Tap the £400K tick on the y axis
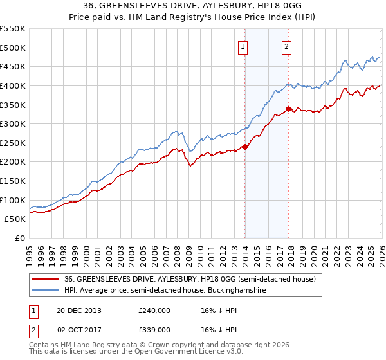click(x=13, y=85)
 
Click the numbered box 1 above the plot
click(x=243, y=46)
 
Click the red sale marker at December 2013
click(x=245, y=147)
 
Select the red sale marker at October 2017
click(x=288, y=109)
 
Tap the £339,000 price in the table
click(x=154, y=329)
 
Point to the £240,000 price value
click(x=154, y=310)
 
